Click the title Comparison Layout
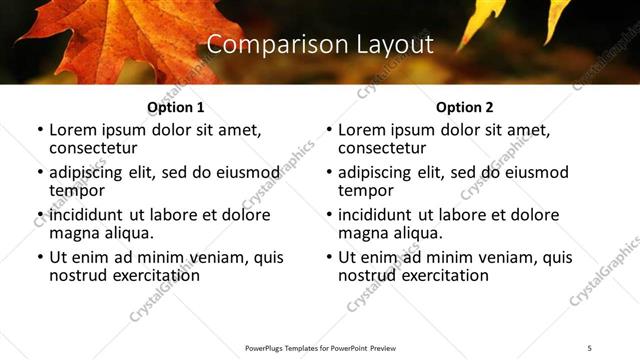tap(320, 45)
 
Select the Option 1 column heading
tap(175, 107)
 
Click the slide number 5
tap(590, 347)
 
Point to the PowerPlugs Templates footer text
tap(320, 347)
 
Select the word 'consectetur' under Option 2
tap(383, 148)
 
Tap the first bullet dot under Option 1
tap(40, 131)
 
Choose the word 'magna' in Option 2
tap(363, 233)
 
